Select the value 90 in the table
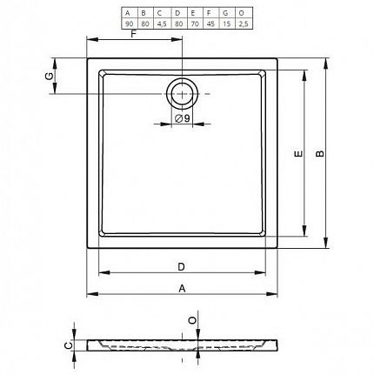click(x=130, y=23)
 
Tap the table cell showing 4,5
click(x=162, y=23)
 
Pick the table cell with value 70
click(x=195, y=23)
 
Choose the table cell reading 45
click(x=210, y=23)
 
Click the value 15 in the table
click(x=227, y=23)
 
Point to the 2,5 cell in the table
click(x=244, y=23)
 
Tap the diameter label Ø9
click(x=183, y=118)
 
